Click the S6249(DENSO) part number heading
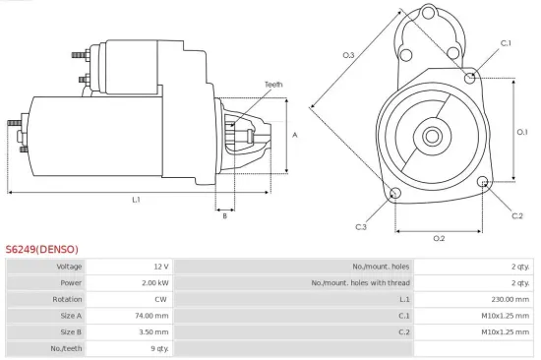coord(41,249)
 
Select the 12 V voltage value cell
coord(159,267)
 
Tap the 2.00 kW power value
coord(154,283)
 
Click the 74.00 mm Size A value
coord(151,316)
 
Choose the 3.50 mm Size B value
coord(153,332)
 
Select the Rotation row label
coord(68,300)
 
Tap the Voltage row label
coord(69,267)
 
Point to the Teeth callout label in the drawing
coord(272,85)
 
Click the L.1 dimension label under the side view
coord(136,200)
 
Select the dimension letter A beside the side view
coord(295,135)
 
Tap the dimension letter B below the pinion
coord(224,215)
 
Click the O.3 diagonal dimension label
coord(348,55)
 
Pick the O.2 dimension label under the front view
coord(439,238)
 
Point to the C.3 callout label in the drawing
coord(361,227)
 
